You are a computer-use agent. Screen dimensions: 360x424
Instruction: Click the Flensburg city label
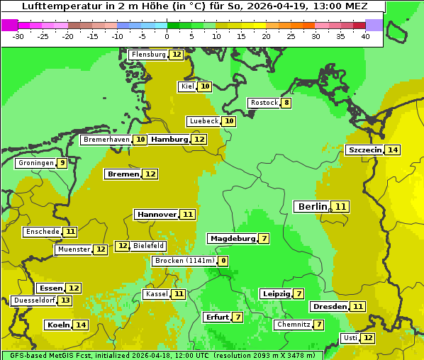(x=148, y=55)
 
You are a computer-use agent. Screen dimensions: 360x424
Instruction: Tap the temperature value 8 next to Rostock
(x=286, y=103)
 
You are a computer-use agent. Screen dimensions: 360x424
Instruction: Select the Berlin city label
(x=313, y=206)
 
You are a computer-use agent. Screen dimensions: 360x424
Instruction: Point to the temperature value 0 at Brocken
(x=223, y=261)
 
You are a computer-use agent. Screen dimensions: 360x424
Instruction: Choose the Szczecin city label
(x=364, y=150)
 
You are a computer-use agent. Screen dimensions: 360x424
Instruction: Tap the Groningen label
(x=36, y=163)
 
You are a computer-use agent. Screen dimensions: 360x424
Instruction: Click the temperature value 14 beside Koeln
(x=81, y=325)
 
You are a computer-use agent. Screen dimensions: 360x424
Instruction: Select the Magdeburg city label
(x=232, y=238)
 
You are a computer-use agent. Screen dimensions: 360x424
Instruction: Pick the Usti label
(x=350, y=338)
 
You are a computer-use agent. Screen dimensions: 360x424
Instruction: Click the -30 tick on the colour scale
(x=18, y=36)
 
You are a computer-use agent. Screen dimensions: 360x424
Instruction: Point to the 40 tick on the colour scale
(x=365, y=36)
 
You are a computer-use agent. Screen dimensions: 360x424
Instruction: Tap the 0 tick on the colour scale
(x=167, y=36)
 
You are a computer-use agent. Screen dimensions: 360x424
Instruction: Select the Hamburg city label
(x=169, y=140)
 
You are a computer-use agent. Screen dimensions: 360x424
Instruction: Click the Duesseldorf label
(x=34, y=300)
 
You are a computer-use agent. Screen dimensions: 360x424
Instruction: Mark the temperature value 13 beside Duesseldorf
(x=65, y=300)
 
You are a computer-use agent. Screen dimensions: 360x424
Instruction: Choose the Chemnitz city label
(x=293, y=325)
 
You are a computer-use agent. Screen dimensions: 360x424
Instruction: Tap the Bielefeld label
(x=149, y=246)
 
